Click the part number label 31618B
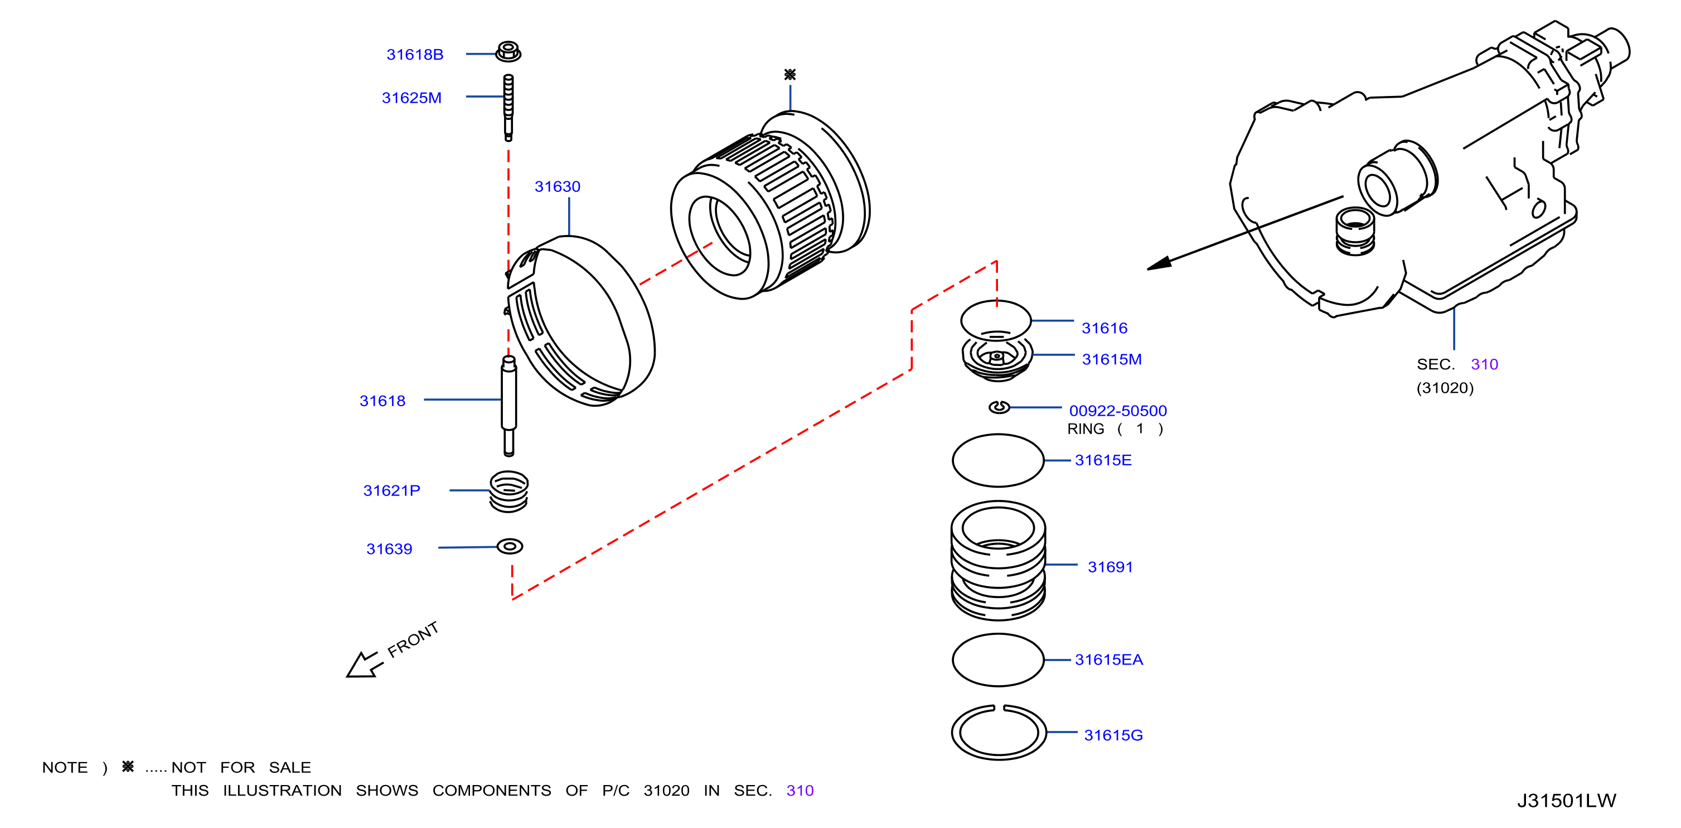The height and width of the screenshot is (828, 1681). point(415,54)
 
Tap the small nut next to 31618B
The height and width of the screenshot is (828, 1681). point(508,51)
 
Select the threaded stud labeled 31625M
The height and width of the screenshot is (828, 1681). point(508,107)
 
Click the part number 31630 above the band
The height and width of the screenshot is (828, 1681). point(558,187)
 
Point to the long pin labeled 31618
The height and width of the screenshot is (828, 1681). point(509,406)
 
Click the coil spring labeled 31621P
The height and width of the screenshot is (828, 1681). point(509,492)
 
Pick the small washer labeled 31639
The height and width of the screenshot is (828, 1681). point(510,546)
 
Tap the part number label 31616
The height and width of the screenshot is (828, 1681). point(1104,328)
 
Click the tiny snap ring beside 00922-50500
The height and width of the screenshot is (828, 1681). point(999,407)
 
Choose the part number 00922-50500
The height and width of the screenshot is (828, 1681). point(1118,411)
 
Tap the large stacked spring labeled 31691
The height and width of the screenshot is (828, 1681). point(999,560)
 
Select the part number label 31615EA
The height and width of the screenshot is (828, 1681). point(1109,659)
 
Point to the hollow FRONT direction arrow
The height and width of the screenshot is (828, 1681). point(364,665)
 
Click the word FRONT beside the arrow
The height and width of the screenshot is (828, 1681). point(413,639)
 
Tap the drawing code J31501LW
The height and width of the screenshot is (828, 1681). point(1566,801)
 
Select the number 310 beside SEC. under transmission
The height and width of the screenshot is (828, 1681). point(1484,364)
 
